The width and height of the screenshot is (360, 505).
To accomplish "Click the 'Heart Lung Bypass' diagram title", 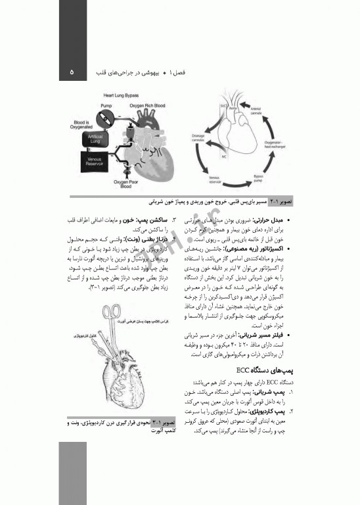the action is click(x=123, y=96).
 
